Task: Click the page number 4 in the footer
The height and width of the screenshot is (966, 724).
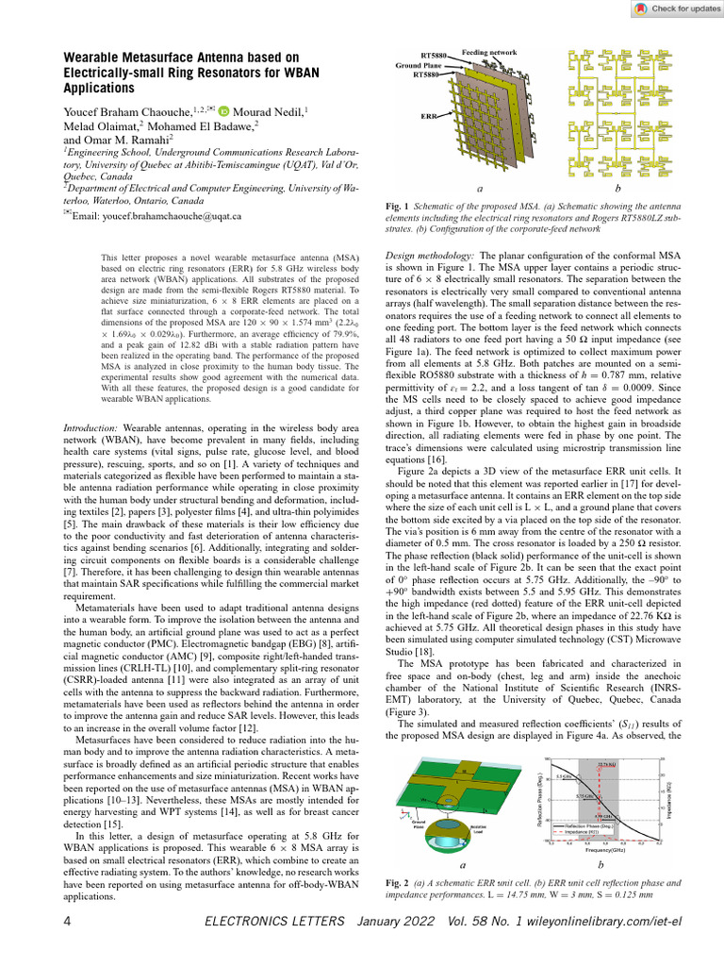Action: click(67, 920)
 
